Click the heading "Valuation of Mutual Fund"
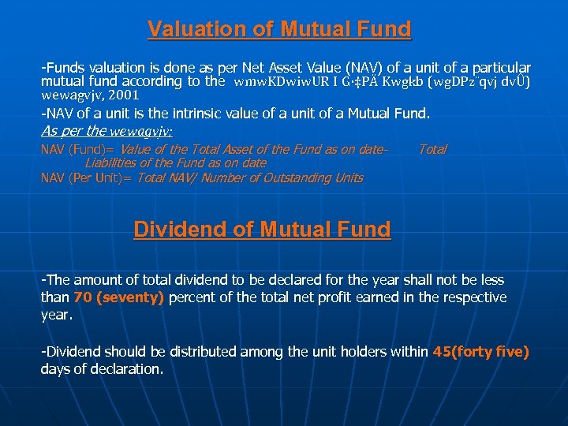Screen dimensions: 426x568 (279, 30)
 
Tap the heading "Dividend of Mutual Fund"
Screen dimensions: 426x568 (262, 230)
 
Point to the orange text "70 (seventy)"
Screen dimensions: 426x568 (118, 297)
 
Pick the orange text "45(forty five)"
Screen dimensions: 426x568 (480, 352)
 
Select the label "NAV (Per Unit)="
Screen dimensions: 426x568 (87, 177)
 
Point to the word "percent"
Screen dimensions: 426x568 (192, 297)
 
